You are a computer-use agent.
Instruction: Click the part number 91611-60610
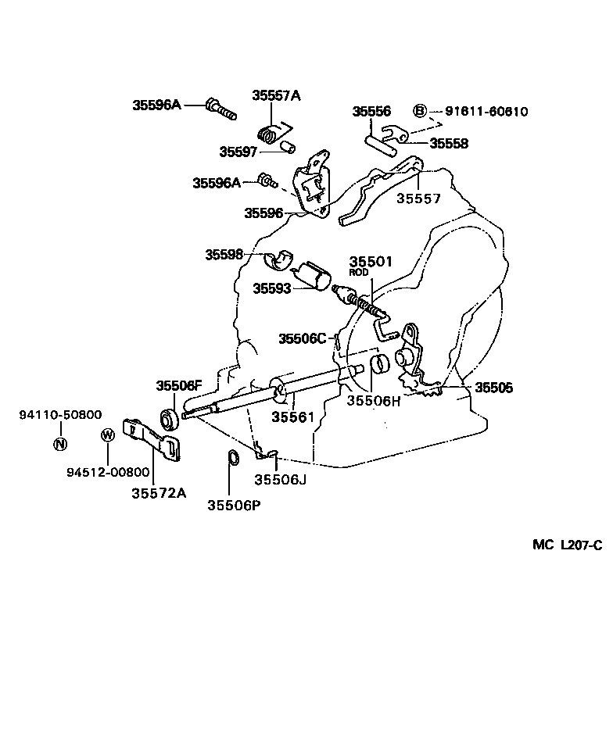coord(486,112)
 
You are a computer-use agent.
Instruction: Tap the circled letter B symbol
coord(419,111)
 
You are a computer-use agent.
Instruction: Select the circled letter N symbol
coord(60,445)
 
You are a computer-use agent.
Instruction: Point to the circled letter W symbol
coord(108,435)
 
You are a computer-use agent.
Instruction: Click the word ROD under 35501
coord(358,273)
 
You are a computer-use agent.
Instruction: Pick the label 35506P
coord(234,505)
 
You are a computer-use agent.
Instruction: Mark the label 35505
coord(494,387)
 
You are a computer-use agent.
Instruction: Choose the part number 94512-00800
coord(108,472)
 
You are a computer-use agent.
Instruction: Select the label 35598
coord(224,254)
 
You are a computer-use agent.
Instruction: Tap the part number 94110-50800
coord(60,415)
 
